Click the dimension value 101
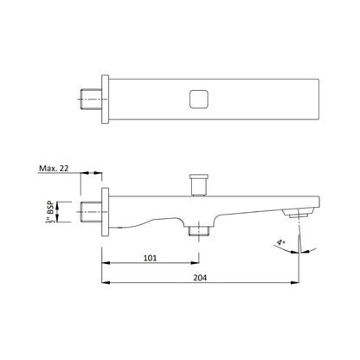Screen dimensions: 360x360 (x=151, y=258)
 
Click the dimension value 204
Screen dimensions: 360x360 (x=200, y=278)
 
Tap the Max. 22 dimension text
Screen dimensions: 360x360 (x=54, y=169)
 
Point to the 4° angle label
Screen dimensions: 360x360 (x=280, y=241)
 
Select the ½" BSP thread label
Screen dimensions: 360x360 (x=50, y=212)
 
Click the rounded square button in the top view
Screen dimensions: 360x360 (x=199, y=100)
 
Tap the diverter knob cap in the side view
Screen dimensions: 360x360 (x=199, y=177)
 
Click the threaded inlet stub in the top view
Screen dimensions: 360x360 (x=91, y=100)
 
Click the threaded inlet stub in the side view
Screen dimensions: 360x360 (x=91, y=212)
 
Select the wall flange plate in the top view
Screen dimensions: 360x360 (x=106, y=100)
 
